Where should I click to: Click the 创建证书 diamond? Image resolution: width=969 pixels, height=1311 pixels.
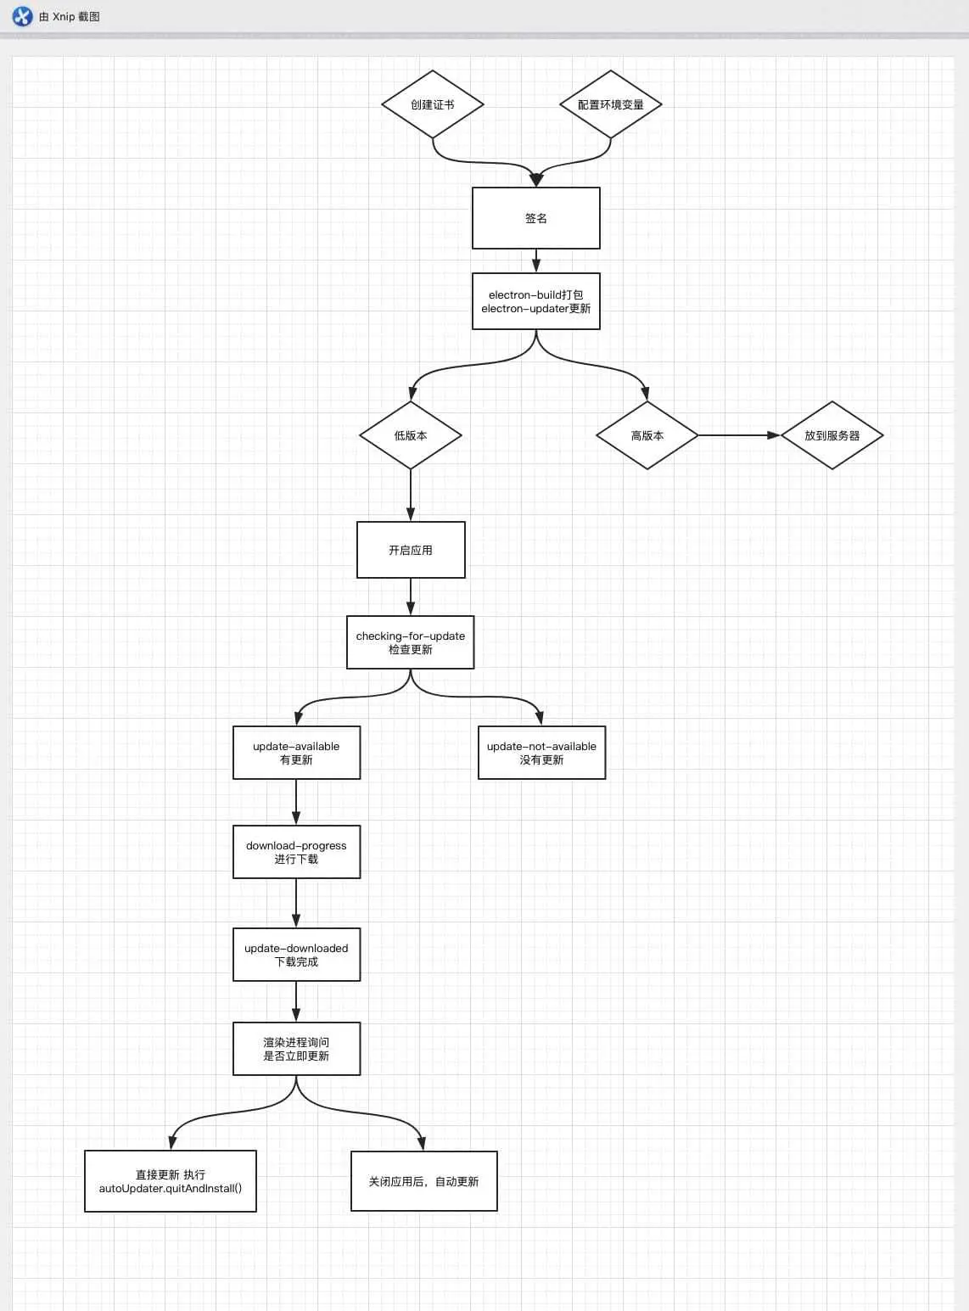pos(433,104)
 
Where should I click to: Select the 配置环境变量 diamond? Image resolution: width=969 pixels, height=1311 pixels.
pos(611,104)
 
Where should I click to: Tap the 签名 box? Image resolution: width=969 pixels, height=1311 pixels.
pos(536,218)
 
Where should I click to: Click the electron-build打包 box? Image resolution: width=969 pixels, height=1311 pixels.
pos(536,301)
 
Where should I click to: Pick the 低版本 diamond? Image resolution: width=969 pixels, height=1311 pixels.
pos(411,435)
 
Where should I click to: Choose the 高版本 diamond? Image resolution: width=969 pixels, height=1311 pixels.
pos(647,435)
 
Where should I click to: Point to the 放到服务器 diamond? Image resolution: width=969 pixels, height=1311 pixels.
pos(832,435)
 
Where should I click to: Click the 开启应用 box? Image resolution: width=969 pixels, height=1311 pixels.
pos(411,550)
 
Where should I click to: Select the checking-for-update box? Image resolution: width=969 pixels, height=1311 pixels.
pos(411,642)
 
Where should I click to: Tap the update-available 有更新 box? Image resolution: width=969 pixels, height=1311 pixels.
pos(296,753)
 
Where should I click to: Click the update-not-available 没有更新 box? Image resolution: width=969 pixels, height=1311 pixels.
pos(541,753)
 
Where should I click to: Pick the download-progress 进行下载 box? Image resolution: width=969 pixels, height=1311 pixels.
pos(296,852)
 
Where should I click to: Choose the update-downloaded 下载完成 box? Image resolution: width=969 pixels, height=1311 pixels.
pos(296,955)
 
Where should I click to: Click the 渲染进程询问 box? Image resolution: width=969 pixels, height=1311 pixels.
pos(296,1049)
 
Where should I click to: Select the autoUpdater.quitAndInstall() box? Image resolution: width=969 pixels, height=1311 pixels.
pos(171,1181)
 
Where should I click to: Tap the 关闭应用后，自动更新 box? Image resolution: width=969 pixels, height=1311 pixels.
pos(423,1181)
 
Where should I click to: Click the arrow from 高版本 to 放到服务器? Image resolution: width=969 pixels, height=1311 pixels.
pos(738,435)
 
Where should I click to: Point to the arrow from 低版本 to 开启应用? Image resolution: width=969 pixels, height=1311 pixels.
pos(411,495)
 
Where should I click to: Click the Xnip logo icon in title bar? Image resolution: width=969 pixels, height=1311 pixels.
pos(22,16)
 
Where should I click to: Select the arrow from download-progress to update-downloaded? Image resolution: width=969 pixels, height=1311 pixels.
pos(296,903)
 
